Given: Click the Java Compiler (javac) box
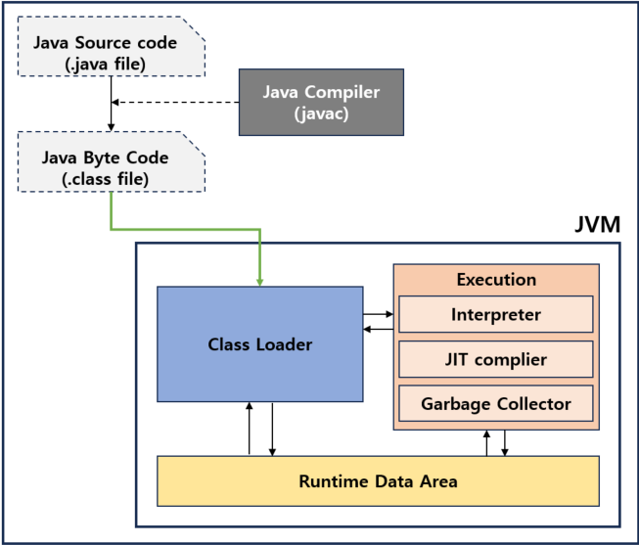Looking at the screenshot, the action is [321, 103].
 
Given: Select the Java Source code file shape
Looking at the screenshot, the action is [112, 46].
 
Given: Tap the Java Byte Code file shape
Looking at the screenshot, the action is [112, 161].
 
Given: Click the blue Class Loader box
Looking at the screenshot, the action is [260, 344].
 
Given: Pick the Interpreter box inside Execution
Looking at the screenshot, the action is [496, 314].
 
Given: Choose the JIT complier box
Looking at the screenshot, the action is [496, 359].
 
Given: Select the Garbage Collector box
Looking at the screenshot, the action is [496, 403].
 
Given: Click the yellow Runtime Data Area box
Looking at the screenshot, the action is [378, 481].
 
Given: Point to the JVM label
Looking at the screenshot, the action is [598, 224].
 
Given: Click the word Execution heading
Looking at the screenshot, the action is [496, 280].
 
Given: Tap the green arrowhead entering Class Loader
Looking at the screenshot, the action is [260, 282].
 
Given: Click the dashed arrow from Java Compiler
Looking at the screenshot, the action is [175, 102].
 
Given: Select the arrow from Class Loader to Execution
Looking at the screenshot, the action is [378, 314].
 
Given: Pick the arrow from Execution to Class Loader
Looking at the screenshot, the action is [378, 329].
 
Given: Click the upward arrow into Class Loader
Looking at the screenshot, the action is [250, 429].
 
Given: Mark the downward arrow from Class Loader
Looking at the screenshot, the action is [272, 430].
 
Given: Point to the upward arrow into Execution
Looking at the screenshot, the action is [486, 443].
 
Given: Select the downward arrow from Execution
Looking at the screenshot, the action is [505, 443].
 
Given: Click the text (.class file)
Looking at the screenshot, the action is [105, 179].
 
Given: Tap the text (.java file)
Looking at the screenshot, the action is [105, 64].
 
